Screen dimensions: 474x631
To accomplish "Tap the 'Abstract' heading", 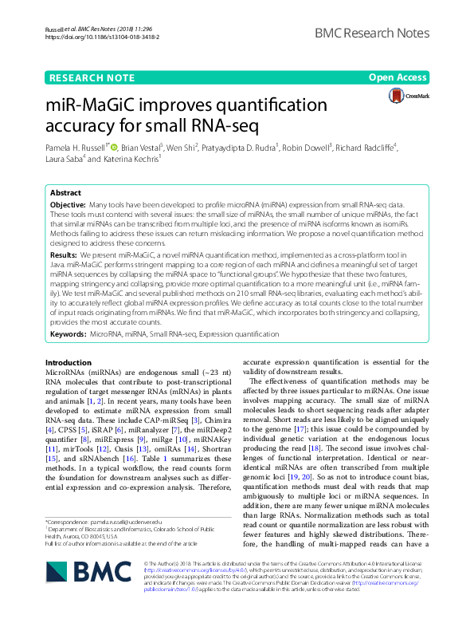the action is coord(65,194).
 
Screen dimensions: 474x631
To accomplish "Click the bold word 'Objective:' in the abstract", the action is coord(68,205).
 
